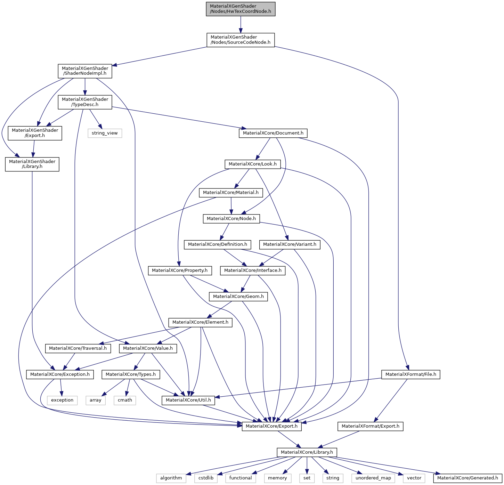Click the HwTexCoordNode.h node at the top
[x=241, y=9]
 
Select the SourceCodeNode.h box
[x=241, y=40]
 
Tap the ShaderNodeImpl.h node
[x=85, y=71]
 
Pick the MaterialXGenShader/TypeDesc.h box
[x=85, y=102]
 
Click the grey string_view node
[x=105, y=133]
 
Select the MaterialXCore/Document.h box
[x=273, y=133]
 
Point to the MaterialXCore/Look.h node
[x=252, y=164]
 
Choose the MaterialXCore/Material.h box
[x=231, y=193]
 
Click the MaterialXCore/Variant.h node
[x=290, y=244]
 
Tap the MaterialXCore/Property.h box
[x=179, y=270]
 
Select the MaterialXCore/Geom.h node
[x=238, y=297]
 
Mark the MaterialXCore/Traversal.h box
[x=78, y=348]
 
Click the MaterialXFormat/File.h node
[x=411, y=374]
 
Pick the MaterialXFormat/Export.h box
[x=370, y=426]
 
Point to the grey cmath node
[x=125, y=400]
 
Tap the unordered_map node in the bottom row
[x=373, y=478]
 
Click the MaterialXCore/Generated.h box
[x=468, y=478]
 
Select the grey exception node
[x=62, y=400]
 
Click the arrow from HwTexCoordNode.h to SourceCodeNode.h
[x=241, y=24]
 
